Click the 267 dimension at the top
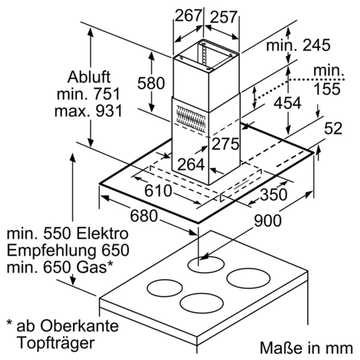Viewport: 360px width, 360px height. click(187, 16)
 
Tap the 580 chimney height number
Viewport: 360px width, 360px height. click(151, 83)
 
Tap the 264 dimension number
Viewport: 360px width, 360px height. click(191, 164)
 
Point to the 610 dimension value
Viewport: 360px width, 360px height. click(158, 191)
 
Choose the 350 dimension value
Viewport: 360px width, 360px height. click(273, 194)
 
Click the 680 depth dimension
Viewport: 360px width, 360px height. click(144, 216)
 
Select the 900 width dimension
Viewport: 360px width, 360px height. click(267, 220)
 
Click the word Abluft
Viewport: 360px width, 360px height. click(89, 77)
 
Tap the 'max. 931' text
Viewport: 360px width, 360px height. click(89, 111)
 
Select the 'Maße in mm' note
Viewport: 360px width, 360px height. click(306, 347)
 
